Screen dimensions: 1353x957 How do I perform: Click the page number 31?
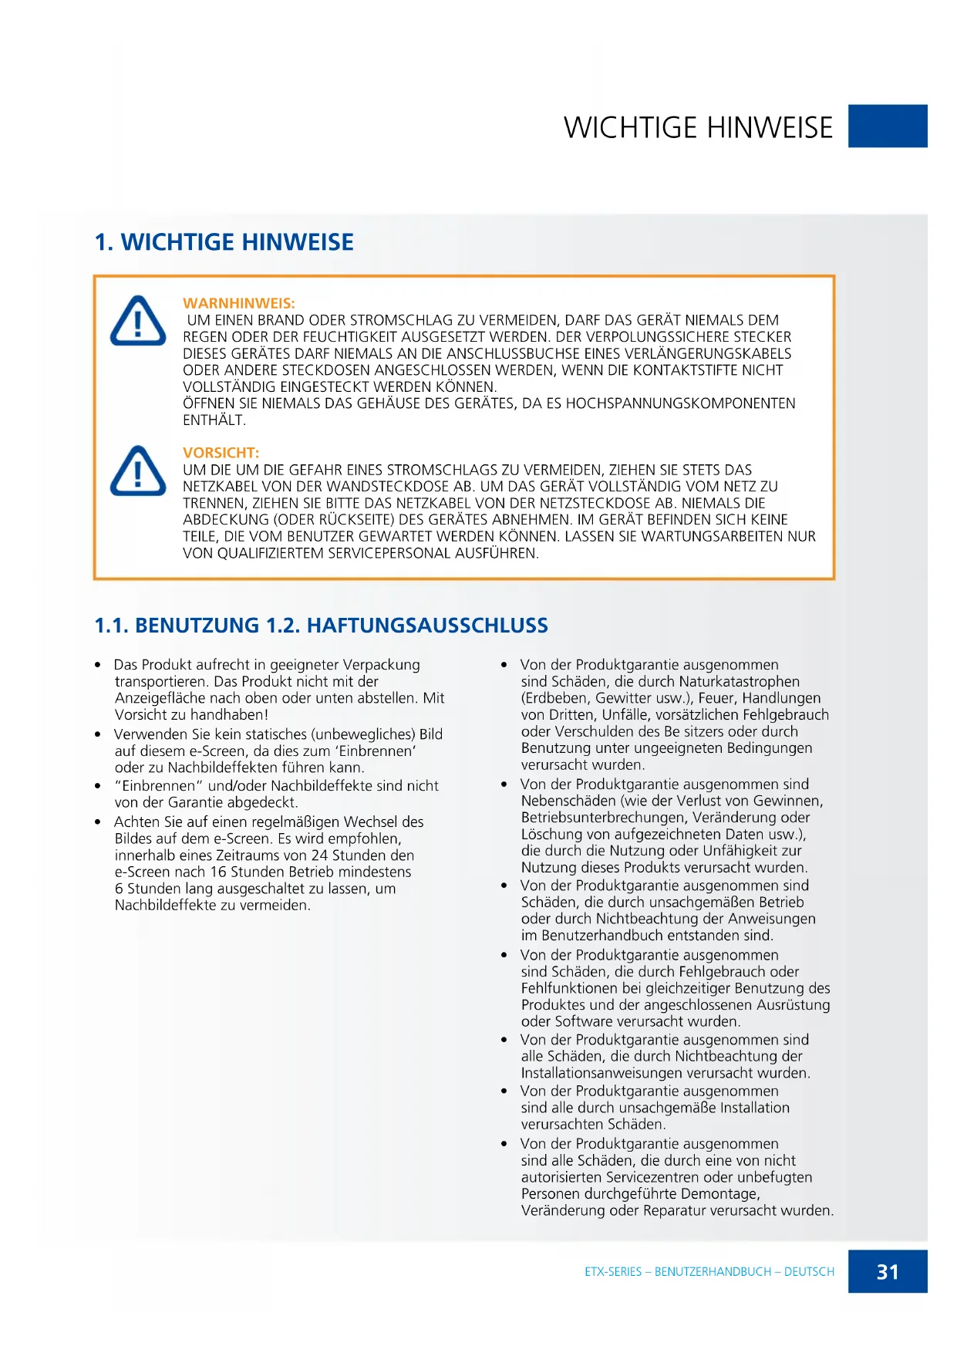887,1271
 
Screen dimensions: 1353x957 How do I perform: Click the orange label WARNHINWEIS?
238,303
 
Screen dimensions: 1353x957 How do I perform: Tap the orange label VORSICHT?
221,453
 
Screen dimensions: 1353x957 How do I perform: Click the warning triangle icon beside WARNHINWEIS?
138,321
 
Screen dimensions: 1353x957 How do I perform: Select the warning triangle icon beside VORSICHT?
138,471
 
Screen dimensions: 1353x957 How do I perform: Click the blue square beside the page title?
887,126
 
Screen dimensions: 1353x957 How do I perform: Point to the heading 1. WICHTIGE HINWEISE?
224,242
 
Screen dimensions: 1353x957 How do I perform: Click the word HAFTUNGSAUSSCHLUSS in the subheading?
427,626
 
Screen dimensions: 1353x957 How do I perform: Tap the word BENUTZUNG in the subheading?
197,626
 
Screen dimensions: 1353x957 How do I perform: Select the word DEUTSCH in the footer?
809,1271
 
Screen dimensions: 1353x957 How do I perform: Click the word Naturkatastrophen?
739,682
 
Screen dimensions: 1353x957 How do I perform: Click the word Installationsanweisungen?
601,1073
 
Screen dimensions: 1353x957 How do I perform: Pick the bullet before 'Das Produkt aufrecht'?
98,665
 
